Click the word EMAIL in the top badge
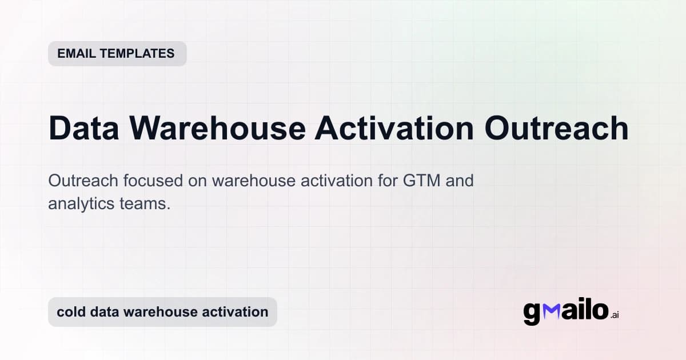(75, 54)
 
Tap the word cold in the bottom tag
(70, 312)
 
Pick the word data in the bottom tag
(104, 312)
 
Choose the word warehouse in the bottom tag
(162, 312)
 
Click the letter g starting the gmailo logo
(532, 313)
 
